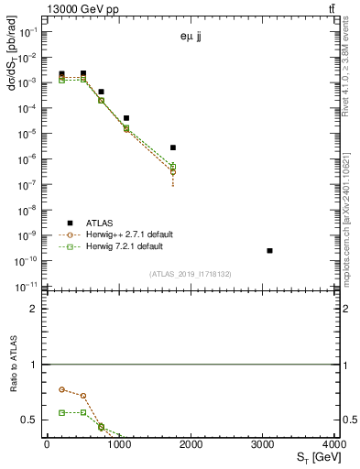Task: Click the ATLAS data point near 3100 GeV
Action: (x=269, y=250)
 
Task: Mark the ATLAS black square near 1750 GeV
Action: (x=172, y=147)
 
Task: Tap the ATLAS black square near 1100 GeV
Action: (x=126, y=118)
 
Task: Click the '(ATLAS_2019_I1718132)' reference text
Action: (x=191, y=274)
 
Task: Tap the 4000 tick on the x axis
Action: (x=337, y=444)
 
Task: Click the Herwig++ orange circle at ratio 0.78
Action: (x=61, y=389)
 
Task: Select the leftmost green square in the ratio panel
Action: (x=61, y=412)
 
